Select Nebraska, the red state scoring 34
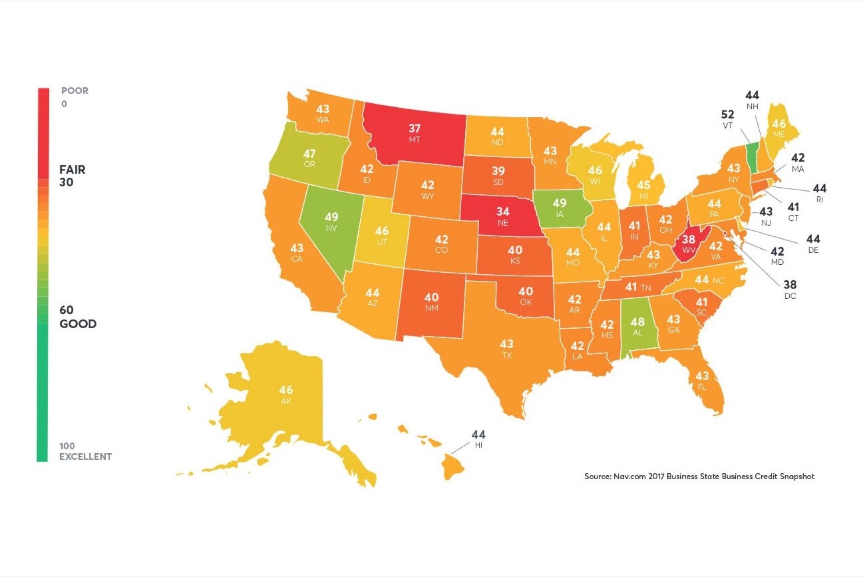tap(503, 216)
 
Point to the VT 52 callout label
tap(727, 119)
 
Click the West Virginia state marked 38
tap(689, 244)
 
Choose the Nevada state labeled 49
tap(331, 221)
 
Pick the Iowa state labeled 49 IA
tap(560, 208)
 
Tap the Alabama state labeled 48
tap(638, 327)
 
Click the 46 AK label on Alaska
tap(286, 394)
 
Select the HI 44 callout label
tap(478, 439)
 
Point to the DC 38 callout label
tap(790, 289)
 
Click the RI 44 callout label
tap(819, 193)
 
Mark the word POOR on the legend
tap(74, 91)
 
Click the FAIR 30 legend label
tap(72, 176)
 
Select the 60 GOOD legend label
tap(77, 317)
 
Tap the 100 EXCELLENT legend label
tap(85, 451)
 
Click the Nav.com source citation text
tap(699, 476)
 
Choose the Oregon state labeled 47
tap(309, 158)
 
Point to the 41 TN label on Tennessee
tap(638, 287)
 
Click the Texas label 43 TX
tap(506, 349)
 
